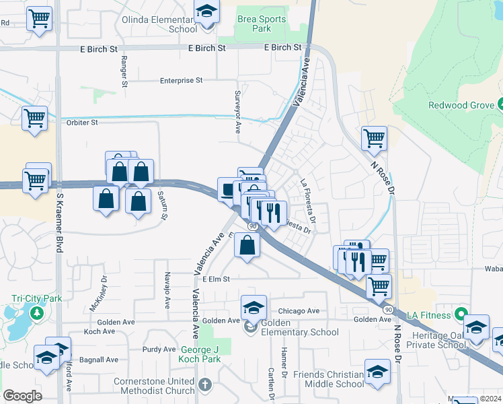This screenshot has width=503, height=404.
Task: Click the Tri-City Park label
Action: coord(36,298)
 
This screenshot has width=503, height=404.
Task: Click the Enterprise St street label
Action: coord(181,81)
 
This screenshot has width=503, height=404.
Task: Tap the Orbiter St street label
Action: coord(82,123)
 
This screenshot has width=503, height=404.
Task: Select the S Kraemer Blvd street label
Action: coord(59,222)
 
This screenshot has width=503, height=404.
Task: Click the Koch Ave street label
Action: coord(100,331)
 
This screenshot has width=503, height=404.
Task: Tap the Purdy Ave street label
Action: coord(159,349)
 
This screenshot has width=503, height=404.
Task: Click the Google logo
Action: coord(22,396)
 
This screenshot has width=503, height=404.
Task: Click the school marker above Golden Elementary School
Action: coord(254,308)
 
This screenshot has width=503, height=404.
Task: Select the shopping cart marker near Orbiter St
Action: coord(34,119)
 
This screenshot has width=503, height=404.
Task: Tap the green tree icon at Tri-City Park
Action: coord(36,313)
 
